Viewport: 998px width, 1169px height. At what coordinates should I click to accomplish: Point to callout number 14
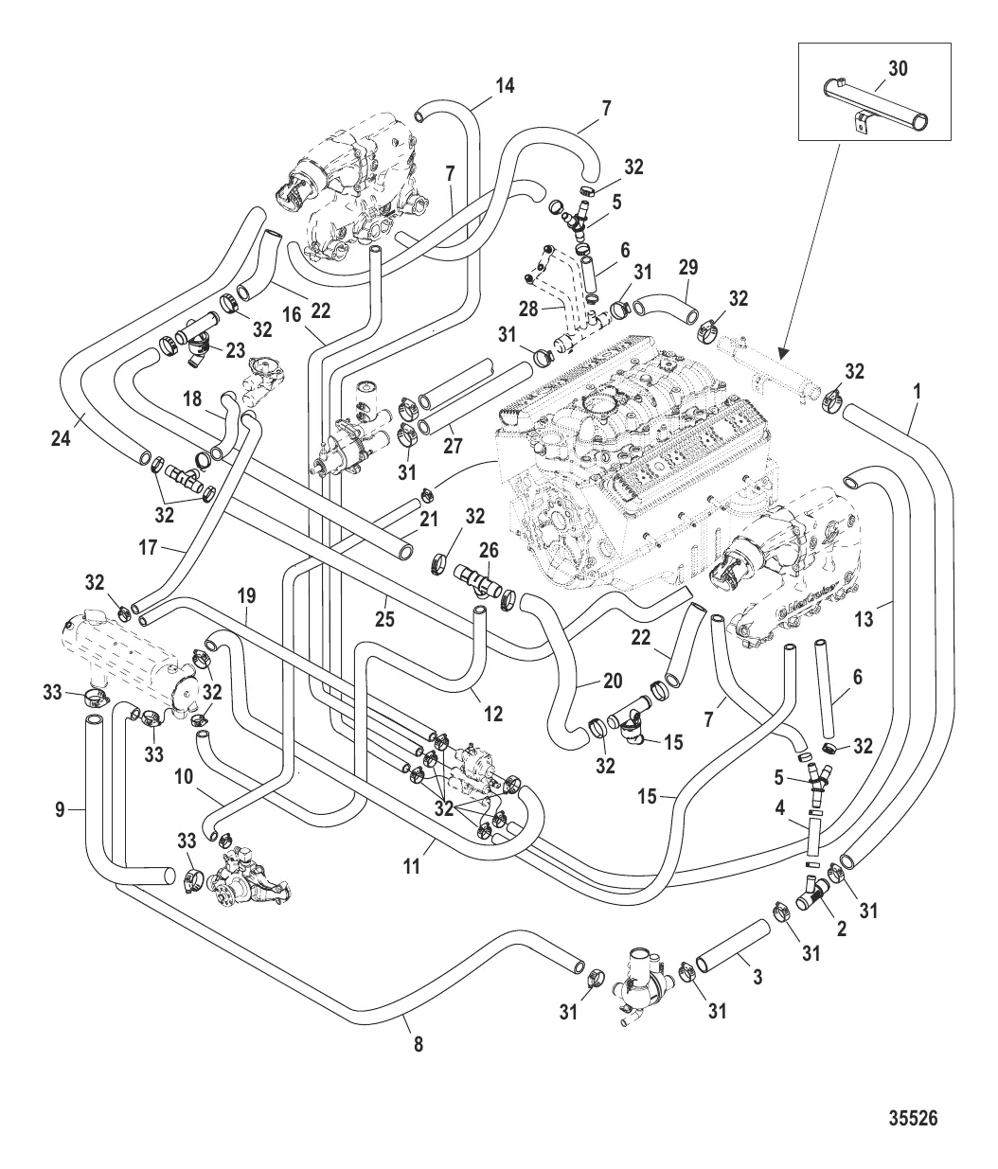(505, 86)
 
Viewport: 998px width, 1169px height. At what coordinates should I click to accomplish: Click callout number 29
(688, 268)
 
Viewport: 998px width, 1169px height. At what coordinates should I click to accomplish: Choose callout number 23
(233, 348)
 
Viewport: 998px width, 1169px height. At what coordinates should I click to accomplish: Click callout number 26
(488, 549)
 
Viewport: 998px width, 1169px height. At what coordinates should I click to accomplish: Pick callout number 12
(492, 714)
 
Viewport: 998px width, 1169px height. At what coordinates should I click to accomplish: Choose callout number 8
(419, 1045)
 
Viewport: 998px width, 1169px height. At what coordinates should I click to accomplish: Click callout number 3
(757, 977)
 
